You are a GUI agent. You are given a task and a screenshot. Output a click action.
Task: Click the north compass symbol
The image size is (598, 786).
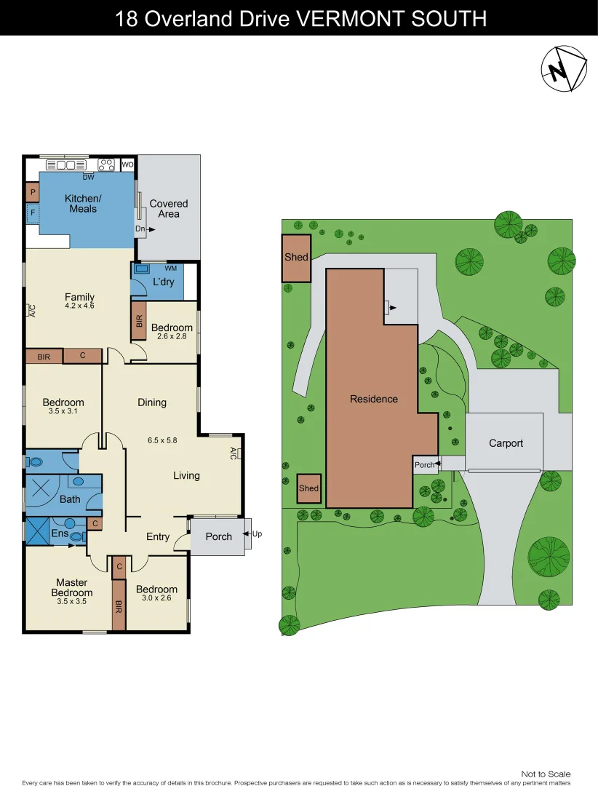[x=563, y=69]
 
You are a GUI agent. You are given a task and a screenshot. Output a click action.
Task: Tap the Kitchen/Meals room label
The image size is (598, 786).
[x=83, y=204]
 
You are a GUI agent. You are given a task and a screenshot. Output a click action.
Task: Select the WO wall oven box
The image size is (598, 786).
[x=127, y=165]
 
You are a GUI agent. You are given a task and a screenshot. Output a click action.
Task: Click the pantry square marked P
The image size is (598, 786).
[x=32, y=193]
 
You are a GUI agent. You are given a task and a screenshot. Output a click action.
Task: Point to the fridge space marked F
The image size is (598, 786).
[x=32, y=214]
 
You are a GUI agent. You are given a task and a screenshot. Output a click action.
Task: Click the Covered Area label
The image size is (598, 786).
[x=169, y=209]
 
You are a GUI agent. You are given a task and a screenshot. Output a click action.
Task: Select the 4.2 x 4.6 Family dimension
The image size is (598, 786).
[x=79, y=306]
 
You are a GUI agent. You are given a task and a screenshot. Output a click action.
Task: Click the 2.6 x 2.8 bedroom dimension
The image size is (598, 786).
[x=172, y=338]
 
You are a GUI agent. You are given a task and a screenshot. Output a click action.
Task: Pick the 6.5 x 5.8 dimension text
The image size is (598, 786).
[x=162, y=440]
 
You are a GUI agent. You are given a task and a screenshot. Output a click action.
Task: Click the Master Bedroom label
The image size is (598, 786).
[x=72, y=587]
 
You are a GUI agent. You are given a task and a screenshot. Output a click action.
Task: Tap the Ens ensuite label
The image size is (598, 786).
[x=60, y=534]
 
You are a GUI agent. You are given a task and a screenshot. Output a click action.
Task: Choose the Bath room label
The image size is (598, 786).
[x=70, y=499]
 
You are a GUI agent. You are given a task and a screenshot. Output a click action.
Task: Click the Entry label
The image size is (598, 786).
[x=158, y=537]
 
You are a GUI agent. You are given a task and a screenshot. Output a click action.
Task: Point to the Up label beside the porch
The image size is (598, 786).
[x=257, y=534]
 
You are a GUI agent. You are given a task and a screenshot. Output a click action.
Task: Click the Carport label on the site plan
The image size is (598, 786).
[x=506, y=443]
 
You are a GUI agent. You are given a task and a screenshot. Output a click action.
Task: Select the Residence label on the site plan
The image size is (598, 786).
[x=374, y=399]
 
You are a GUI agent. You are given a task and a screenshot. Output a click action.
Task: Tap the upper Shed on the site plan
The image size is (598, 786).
[x=296, y=257]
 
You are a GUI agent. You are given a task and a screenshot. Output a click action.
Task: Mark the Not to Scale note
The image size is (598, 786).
[x=546, y=774]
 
